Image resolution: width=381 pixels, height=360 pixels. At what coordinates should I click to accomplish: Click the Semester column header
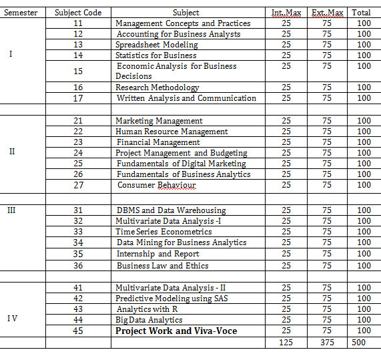tap(22, 12)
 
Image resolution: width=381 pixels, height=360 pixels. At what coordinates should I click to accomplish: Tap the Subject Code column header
tap(77, 12)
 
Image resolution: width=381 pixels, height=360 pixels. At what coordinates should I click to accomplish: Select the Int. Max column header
tap(286, 12)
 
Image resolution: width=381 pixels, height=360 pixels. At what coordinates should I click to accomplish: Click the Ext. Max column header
tap(327, 12)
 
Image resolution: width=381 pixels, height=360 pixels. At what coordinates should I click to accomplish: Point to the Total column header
tap(361, 12)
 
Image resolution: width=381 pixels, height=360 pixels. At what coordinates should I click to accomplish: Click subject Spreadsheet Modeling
tap(157, 45)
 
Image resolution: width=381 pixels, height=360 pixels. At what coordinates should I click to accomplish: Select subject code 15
tap(78, 71)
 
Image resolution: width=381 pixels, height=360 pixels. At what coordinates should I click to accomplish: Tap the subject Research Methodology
tap(157, 87)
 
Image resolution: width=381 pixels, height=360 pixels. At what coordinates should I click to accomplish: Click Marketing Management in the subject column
tap(159, 120)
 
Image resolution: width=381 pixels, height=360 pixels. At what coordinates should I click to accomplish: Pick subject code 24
tap(78, 153)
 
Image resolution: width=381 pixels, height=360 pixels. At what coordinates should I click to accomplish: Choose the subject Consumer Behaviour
tap(157, 185)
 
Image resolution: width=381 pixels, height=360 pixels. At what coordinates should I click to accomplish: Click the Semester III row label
tap(11, 210)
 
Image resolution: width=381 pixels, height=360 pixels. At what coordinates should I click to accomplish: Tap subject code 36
tap(78, 265)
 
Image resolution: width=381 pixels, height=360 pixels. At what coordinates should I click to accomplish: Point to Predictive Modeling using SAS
tap(171, 298)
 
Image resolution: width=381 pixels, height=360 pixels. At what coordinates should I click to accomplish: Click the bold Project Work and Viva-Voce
tap(176, 331)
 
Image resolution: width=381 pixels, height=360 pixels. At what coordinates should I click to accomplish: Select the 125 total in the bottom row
tap(286, 342)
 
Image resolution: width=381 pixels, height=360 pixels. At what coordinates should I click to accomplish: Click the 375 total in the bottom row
tap(327, 342)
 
